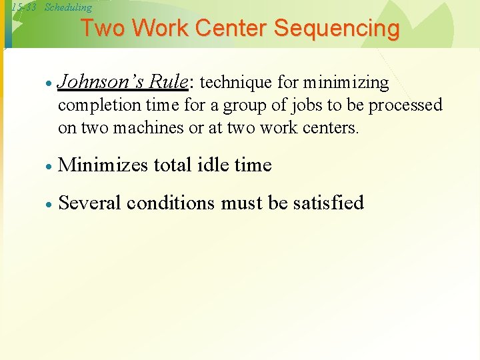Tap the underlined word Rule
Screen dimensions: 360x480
pos(168,82)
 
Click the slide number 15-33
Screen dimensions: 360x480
pos(23,7)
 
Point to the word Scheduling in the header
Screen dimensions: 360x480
pos(68,7)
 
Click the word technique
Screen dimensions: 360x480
pos(233,83)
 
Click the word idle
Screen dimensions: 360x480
pos(217,165)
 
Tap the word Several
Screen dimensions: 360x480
pos(90,202)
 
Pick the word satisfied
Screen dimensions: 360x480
pos(328,202)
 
